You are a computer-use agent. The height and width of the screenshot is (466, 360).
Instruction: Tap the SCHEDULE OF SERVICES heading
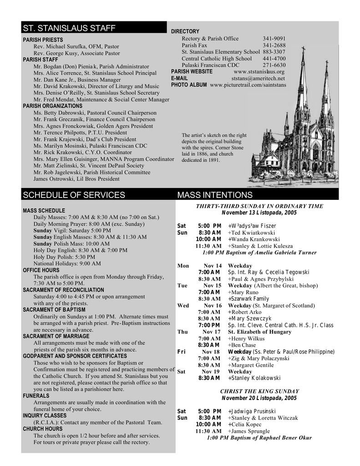tap(74, 195)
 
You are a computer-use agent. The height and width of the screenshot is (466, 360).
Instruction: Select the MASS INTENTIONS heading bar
tap(214, 195)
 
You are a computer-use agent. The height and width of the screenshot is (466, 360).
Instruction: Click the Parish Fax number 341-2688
tap(274, 46)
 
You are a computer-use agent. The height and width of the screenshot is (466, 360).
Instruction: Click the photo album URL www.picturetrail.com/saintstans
tap(248, 85)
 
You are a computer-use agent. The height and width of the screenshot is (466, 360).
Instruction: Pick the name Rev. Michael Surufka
tap(58, 46)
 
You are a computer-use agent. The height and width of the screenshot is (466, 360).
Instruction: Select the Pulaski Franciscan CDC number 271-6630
tap(274, 65)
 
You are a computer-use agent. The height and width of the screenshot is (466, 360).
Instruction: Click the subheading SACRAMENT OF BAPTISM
tap(57, 310)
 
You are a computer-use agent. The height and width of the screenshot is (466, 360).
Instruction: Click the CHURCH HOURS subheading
tap(43, 429)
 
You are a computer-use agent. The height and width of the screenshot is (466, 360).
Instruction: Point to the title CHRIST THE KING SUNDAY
tap(259, 391)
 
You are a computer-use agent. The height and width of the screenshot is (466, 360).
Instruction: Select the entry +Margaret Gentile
tap(251, 365)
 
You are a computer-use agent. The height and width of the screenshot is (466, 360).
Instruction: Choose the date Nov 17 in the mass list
tap(212, 332)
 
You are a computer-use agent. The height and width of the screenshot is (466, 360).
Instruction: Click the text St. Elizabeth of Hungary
tap(259, 332)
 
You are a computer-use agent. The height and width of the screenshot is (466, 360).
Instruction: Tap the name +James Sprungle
tap(248, 431)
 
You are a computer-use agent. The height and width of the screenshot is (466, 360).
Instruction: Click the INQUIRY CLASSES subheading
tap(45, 415)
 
